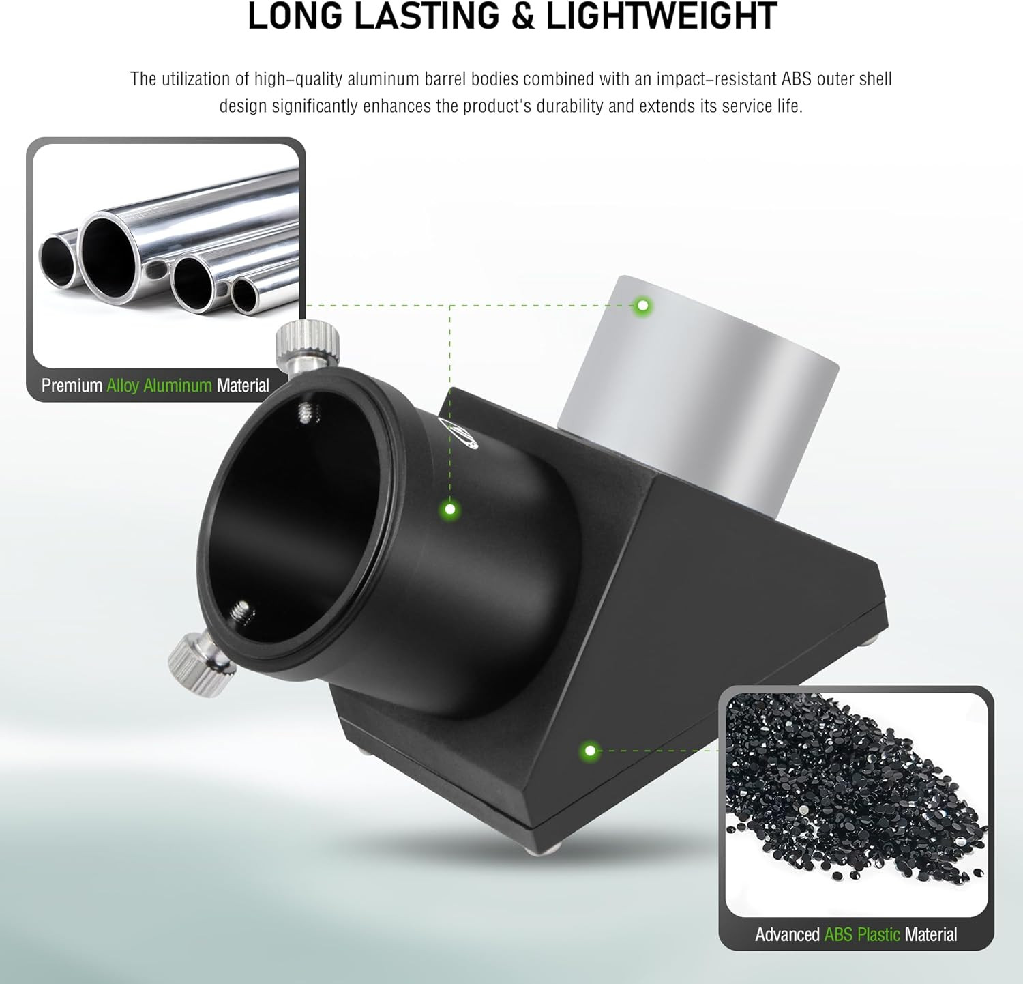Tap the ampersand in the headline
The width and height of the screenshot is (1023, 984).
(x=522, y=16)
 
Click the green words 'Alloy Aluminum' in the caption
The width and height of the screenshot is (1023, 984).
(x=159, y=386)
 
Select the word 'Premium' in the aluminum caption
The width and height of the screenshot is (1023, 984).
(x=72, y=386)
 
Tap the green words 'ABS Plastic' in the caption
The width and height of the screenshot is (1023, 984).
(x=862, y=934)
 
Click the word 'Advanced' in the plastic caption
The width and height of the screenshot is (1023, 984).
(x=787, y=934)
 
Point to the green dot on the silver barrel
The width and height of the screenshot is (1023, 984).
(x=642, y=306)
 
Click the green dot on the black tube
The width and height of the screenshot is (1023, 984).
(x=449, y=509)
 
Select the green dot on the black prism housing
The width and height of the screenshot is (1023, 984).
(x=590, y=751)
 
